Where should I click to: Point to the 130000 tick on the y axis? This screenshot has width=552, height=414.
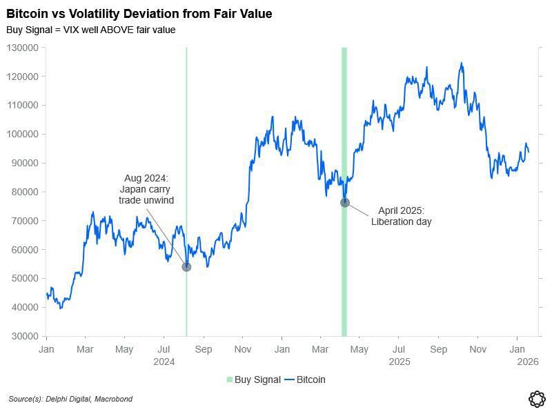click(x=23, y=48)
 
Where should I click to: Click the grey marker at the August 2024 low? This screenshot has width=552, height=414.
click(x=186, y=266)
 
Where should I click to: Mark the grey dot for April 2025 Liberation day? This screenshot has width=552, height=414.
click(x=345, y=202)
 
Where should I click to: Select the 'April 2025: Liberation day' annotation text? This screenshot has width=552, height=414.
click(x=401, y=216)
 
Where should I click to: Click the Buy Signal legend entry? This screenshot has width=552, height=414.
click(x=253, y=379)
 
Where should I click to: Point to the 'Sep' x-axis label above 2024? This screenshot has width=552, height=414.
click(x=203, y=349)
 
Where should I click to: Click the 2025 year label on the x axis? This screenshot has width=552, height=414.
click(x=400, y=361)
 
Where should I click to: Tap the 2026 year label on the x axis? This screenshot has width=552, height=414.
click(x=528, y=361)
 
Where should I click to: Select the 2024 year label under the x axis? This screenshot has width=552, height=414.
click(x=164, y=361)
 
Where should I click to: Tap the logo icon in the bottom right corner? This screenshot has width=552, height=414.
click(x=537, y=398)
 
